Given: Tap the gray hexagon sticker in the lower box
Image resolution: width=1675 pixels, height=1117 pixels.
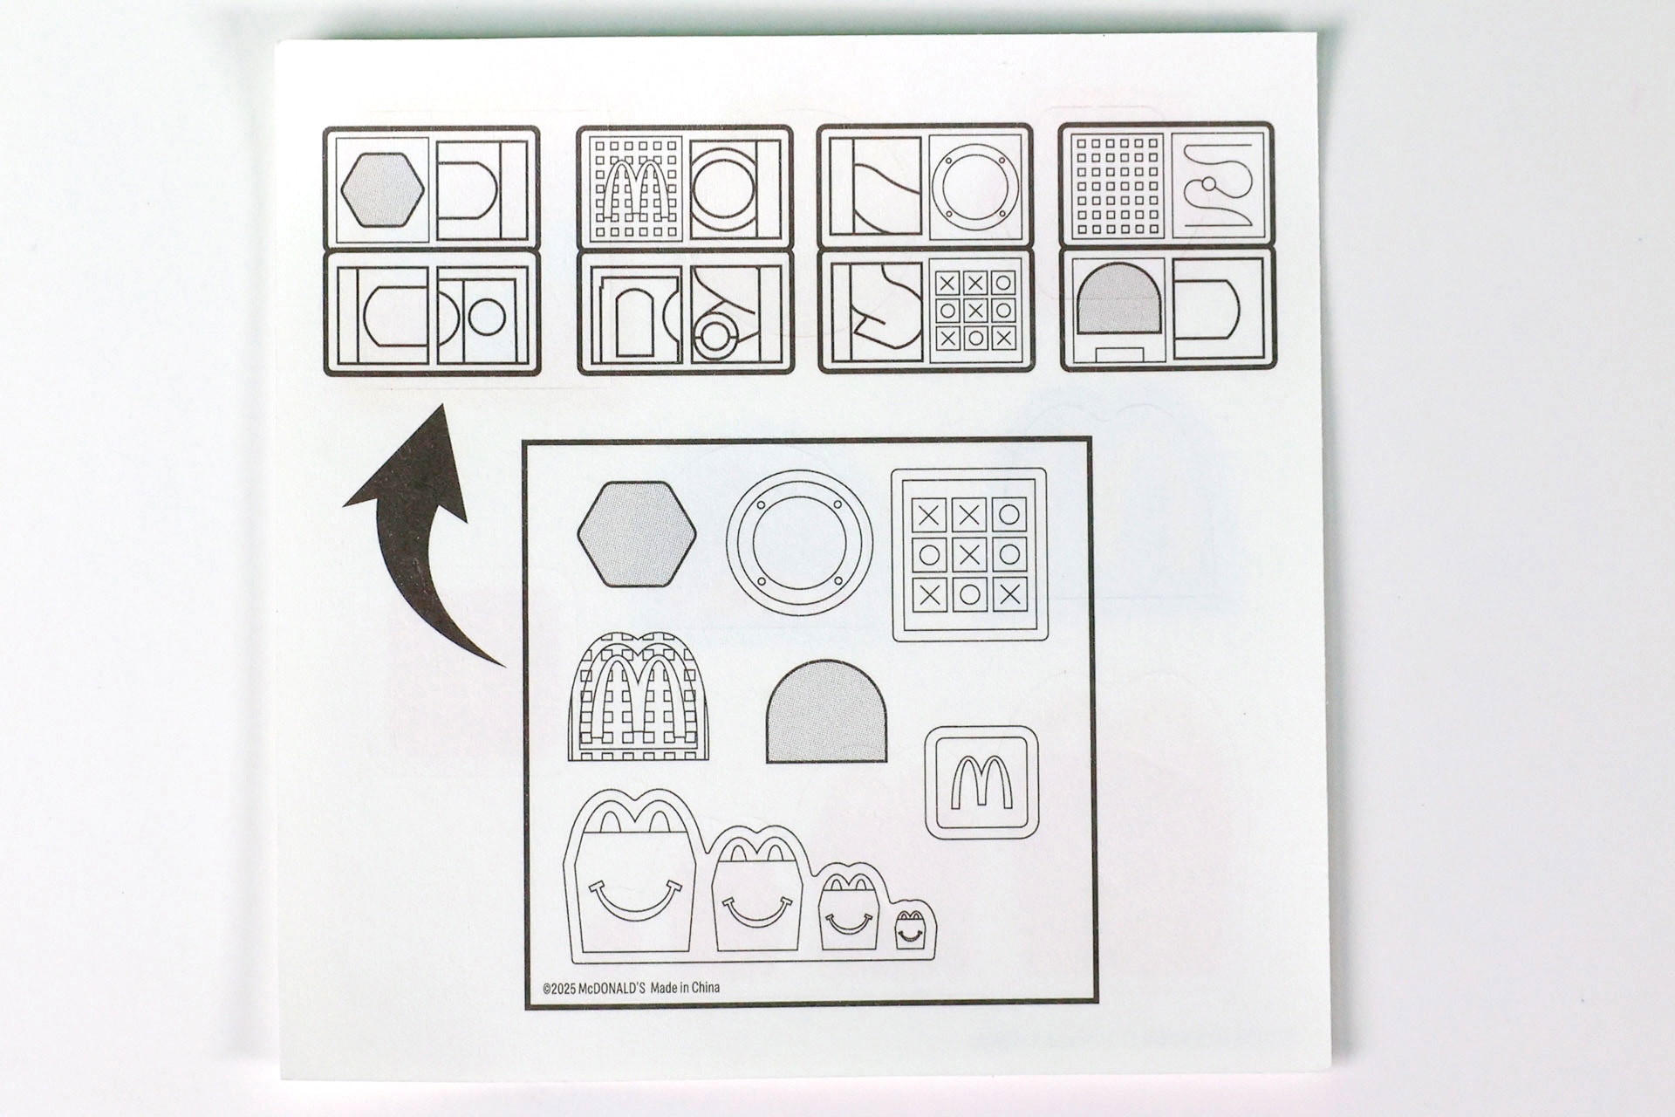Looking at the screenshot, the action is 637,533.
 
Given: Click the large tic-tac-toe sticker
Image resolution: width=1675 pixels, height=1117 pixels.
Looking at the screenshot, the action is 969,554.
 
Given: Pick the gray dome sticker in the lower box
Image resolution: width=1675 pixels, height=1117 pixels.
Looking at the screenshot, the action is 826,711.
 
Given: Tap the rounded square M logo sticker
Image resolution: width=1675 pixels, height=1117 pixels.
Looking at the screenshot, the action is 981,782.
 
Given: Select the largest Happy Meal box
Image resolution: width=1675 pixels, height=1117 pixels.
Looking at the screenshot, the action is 634,873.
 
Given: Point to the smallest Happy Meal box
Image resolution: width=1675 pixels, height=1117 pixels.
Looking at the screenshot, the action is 909,929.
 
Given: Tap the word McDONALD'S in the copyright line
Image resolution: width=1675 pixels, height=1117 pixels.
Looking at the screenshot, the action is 612,988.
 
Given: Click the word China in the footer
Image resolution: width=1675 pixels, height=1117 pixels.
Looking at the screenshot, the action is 705,988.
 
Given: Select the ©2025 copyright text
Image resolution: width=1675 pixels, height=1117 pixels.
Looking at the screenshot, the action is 559,989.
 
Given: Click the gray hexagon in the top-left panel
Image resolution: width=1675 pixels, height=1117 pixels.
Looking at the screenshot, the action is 382,189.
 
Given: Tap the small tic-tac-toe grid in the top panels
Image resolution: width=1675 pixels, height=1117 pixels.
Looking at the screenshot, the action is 975,310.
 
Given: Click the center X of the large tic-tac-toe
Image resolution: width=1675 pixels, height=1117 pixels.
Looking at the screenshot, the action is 969,554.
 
